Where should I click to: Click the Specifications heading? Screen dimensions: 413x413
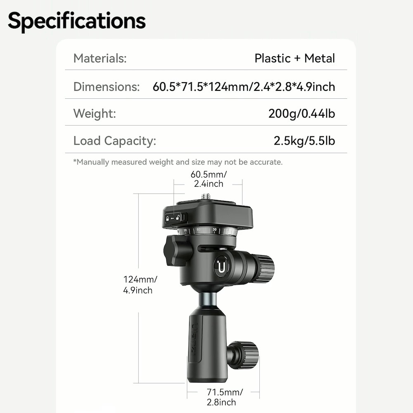coord(77,21)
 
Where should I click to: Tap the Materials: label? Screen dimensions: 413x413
coord(100,58)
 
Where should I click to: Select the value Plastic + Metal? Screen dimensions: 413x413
coord(294,58)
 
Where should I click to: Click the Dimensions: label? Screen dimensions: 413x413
coord(107,87)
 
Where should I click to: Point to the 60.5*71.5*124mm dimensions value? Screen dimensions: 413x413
coord(244,87)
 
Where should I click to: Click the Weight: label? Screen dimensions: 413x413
coord(95,114)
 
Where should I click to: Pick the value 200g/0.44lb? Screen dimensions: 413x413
coord(301,114)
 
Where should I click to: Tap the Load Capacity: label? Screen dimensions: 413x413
coord(114,141)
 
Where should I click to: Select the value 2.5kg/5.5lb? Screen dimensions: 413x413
coord(304,141)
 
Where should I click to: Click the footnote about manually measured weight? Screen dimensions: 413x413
coord(178,162)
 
